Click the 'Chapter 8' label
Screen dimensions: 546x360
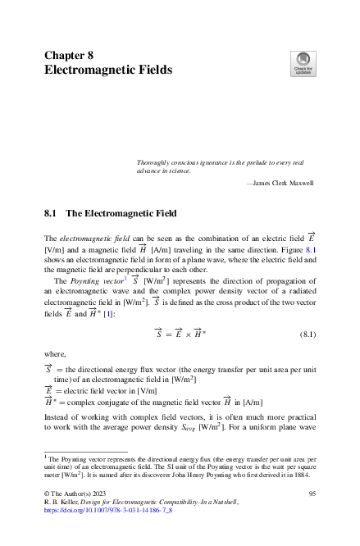pos(68,55)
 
